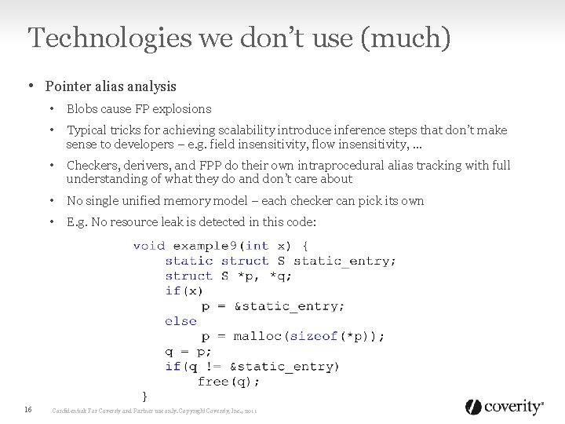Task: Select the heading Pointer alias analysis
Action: tap(111, 86)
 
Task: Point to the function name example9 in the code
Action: tap(206, 246)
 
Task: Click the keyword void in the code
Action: tap(149, 246)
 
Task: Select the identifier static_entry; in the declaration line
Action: tap(344, 261)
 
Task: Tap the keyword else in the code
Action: tap(180, 321)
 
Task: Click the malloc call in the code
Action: tap(258, 336)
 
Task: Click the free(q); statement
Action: tap(228, 381)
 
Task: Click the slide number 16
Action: tap(28, 409)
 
